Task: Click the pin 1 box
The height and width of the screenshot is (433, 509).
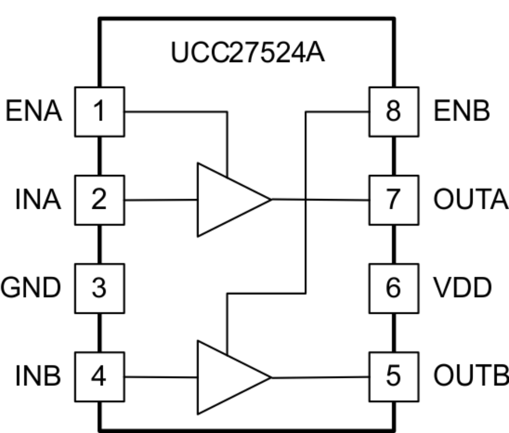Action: click(99, 111)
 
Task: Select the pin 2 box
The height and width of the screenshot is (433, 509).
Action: click(99, 200)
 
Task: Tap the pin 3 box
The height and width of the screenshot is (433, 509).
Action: click(99, 288)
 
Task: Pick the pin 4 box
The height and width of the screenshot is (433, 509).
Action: click(99, 377)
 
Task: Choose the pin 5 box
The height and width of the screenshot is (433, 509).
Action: click(393, 377)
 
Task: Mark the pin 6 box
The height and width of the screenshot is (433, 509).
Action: click(393, 288)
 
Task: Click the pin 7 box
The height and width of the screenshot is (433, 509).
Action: click(393, 200)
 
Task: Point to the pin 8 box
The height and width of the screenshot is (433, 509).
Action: click(393, 111)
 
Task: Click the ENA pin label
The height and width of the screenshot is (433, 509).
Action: click(33, 112)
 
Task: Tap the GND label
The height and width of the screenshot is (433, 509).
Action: click(31, 288)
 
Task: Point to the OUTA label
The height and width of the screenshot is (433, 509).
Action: click(470, 200)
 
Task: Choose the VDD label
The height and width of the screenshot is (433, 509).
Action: click(461, 288)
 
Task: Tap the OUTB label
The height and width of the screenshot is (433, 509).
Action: click(470, 377)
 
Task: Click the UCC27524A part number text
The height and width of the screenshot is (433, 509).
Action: click(247, 54)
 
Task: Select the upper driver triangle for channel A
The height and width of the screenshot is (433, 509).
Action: click(225, 200)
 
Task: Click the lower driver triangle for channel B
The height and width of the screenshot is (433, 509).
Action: click(225, 377)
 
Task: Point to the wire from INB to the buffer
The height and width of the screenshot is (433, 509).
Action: click(161, 377)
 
